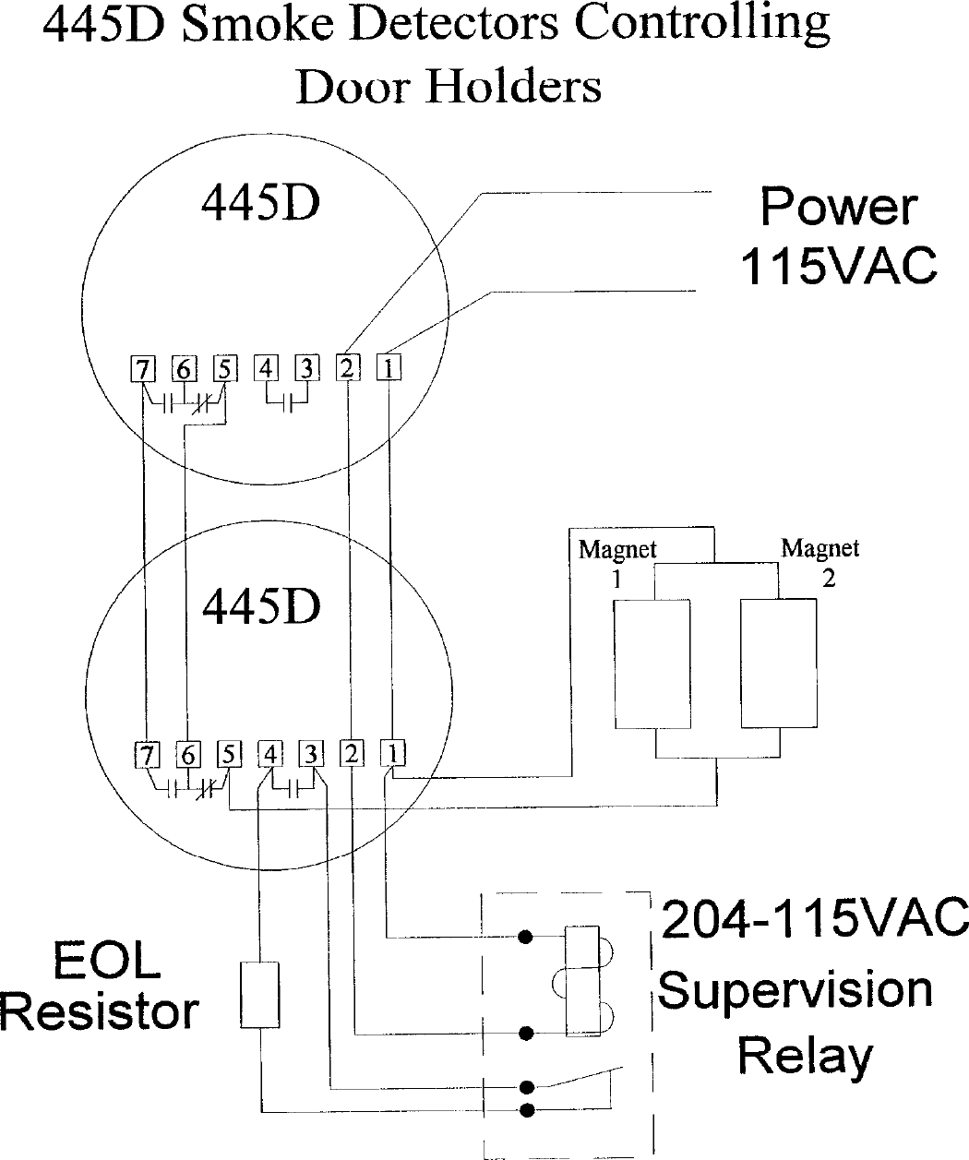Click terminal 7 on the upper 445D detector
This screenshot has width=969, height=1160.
click(x=142, y=369)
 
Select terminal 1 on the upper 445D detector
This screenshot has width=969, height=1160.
click(x=389, y=367)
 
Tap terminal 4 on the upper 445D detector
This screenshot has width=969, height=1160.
click(x=266, y=368)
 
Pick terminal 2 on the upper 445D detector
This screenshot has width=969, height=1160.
click(x=347, y=367)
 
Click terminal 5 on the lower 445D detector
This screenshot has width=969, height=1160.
click(x=226, y=754)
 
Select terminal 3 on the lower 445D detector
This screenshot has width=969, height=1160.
click(x=311, y=754)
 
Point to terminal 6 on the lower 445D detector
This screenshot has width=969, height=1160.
click(x=188, y=754)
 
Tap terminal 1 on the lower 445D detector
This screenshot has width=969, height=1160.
click(x=393, y=753)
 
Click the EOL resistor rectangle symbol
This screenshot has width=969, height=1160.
click(x=259, y=995)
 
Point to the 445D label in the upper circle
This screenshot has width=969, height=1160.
click(x=260, y=203)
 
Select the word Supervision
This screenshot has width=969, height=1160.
click(x=796, y=989)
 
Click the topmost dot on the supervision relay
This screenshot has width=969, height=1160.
click(x=526, y=938)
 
